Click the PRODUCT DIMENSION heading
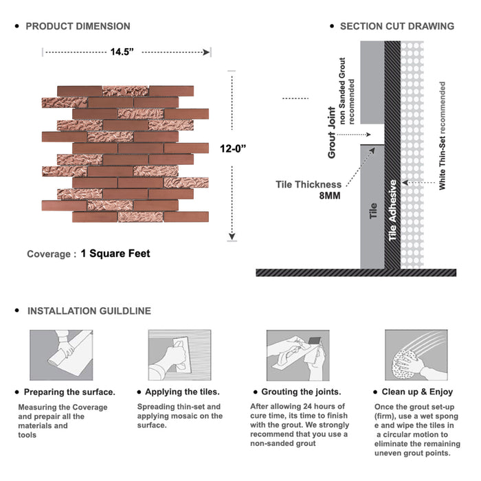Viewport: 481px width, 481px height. click(78, 26)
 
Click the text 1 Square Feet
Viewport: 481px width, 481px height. click(115, 254)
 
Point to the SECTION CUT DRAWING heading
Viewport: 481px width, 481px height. click(396, 26)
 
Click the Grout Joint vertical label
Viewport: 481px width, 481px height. click(332, 133)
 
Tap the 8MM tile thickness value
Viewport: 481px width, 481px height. click(328, 196)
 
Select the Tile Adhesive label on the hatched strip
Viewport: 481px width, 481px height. click(393, 210)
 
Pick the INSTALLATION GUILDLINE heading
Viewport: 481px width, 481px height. click(89, 311)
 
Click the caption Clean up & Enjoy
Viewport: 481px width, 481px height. click(418, 392)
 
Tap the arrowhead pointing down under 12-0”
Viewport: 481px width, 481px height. click(233, 237)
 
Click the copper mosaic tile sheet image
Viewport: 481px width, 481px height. click(125, 153)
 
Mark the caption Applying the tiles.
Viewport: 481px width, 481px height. click(182, 392)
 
